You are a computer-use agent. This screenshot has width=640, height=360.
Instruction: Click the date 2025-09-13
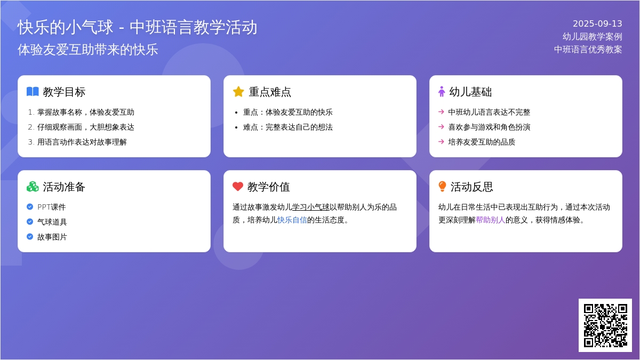click(597, 23)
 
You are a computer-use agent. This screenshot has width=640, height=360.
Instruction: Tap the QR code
click(605, 325)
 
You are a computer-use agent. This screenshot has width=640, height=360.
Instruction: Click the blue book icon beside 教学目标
click(33, 92)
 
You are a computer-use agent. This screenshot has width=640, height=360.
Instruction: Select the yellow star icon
click(238, 92)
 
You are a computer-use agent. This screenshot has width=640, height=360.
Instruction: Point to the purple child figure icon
click(442, 92)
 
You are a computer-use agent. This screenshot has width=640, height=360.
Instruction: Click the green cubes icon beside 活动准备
click(33, 187)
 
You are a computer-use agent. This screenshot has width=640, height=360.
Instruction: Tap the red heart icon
click(238, 187)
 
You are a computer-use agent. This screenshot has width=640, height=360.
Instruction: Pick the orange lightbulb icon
click(442, 186)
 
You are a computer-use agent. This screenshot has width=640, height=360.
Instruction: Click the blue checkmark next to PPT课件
click(30, 206)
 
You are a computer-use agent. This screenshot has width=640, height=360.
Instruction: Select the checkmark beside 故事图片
click(30, 237)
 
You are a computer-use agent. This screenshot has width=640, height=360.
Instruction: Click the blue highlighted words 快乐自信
click(292, 220)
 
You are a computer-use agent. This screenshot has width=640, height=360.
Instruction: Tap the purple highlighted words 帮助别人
click(491, 220)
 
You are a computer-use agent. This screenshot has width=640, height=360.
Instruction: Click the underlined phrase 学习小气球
click(310, 207)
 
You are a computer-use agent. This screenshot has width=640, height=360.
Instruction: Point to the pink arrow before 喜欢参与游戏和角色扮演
click(441, 126)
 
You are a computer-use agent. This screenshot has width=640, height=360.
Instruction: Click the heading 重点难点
click(270, 92)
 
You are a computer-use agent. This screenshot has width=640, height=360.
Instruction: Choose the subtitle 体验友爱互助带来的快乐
click(87, 50)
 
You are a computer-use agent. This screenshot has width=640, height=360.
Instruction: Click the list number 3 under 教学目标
click(30, 142)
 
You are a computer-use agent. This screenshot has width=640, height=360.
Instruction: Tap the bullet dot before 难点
click(236, 127)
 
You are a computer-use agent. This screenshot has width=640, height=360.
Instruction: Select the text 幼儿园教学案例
click(593, 37)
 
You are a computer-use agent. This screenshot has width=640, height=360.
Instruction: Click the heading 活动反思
click(471, 187)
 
